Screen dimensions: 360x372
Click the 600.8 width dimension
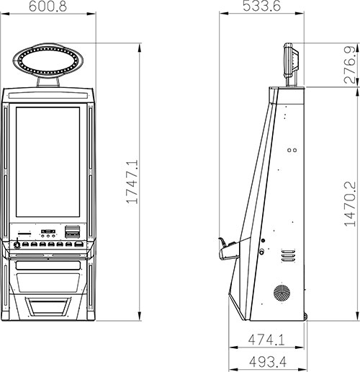48,6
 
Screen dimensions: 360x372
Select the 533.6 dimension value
261,6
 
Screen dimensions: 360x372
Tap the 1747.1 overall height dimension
132,182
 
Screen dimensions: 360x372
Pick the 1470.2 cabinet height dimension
350,204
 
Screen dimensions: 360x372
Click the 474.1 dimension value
266,340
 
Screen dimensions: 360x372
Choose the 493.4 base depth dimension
268,362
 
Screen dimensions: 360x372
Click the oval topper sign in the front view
48,60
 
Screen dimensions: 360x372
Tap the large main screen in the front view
48,162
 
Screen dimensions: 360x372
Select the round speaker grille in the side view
282,293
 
